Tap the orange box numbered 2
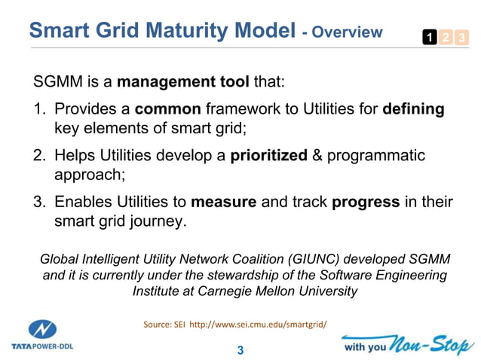[x=443, y=36]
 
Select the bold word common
[x=166, y=109]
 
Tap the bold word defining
[x=413, y=109]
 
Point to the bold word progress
[x=365, y=202]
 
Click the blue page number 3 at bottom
[x=240, y=350]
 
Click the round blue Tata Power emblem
[x=42, y=330]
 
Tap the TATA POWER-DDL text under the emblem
[x=42, y=347]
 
